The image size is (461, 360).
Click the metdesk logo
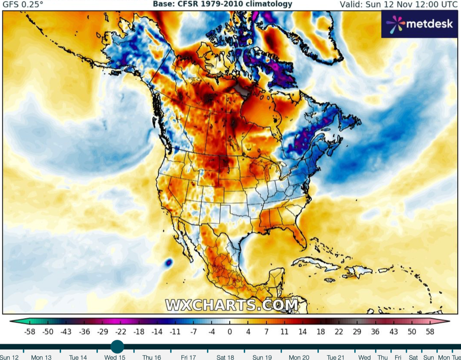[x=421, y=24]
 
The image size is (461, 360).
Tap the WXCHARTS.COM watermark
[x=231, y=304]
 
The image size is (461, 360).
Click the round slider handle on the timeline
[x=117, y=347]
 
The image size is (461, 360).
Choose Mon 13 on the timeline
[x=41, y=357]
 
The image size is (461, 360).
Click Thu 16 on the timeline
[x=151, y=357]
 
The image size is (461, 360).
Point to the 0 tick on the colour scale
[x=230, y=331]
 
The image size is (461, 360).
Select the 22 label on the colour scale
[x=339, y=331]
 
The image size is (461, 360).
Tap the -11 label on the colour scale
[x=175, y=331]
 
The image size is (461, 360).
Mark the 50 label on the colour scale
[x=412, y=331]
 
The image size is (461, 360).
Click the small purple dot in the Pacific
[x=168, y=262]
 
